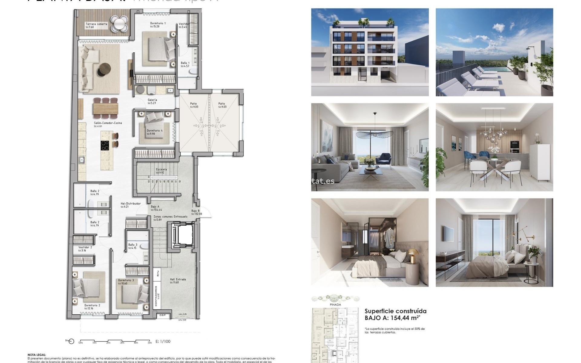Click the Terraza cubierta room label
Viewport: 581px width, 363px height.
tap(96, 24)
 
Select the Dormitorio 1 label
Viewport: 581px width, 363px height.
tap(158, 23)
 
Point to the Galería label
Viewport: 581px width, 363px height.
tap(152, 100)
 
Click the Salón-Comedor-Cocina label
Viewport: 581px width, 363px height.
tap(108, 123)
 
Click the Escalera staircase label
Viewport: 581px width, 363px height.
tap(161, 170)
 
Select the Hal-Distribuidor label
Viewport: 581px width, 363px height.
tap(130, 204)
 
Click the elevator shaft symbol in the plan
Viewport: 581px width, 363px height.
tap(183, 235)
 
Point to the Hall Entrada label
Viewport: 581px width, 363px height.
tap(178, 280)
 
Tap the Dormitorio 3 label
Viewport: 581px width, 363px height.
tap(126, 280)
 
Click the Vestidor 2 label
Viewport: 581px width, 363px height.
tap(85, 247)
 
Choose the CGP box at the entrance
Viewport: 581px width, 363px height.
tap(162, 316)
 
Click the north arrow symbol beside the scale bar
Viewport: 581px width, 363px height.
tap(71, 342)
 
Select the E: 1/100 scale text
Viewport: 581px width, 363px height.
tap(163, 342)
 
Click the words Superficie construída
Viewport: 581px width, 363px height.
tap(395, 311)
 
